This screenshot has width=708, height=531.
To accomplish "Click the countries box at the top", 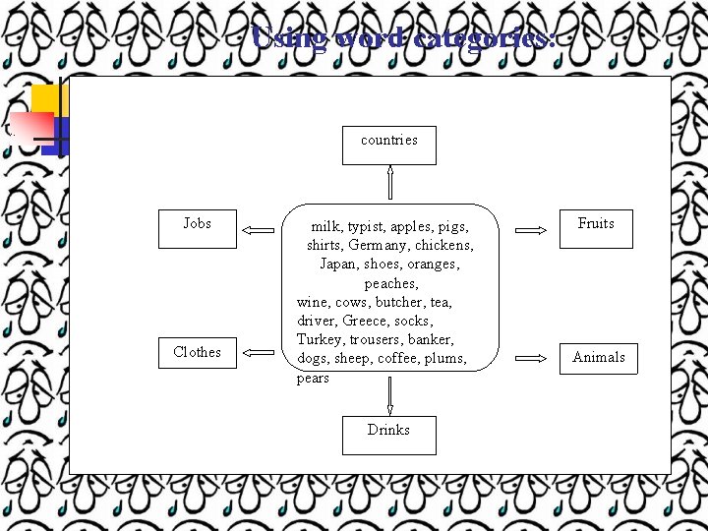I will click(388, 145).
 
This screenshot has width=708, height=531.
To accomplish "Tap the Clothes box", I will click(197, 352).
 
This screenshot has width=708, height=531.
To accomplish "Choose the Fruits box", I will click(596, 228).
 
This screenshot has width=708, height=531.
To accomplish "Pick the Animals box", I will click(598, 358).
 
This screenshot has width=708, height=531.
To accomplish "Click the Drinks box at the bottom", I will click(388, 435).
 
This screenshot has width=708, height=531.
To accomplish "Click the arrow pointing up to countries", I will click(389, 183).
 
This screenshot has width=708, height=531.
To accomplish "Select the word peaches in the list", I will click(390, 283).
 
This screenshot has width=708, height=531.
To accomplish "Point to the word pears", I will click(313, 378).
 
